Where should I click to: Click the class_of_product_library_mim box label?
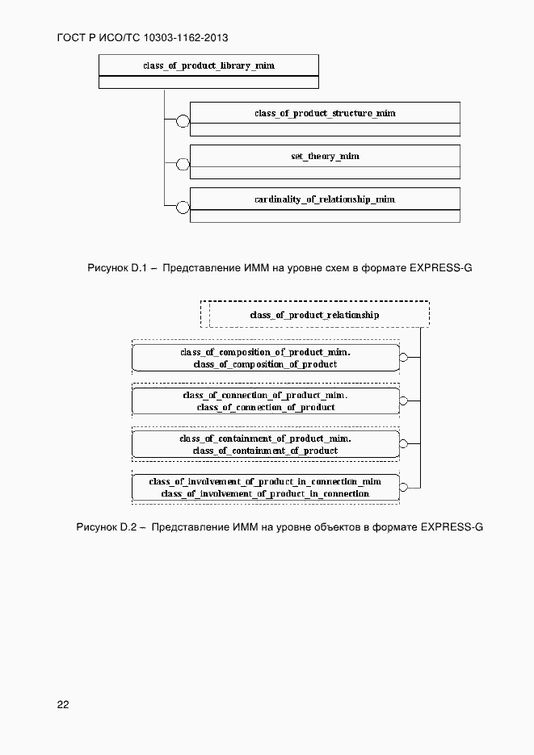tap(208, 65)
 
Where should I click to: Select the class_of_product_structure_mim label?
tap(325, 113)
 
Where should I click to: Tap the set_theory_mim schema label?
tap(325, 156)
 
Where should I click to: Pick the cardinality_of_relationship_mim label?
tap(325, 199)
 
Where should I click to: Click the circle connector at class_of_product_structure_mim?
tap(183, 122)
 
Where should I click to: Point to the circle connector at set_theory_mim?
tap(183, 165)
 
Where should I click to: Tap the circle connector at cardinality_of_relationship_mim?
tap(183, 208)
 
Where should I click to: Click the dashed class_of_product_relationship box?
tap(314, 314)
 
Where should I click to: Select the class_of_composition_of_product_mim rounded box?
tap(265, 358)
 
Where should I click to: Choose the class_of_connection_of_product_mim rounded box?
tap(265, 401)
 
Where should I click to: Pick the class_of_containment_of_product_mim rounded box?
tap(265, 444)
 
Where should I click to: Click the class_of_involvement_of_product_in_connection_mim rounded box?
tap(265, 487)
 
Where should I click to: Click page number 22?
tap(63, 704)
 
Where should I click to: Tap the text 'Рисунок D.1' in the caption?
tap(115, 267)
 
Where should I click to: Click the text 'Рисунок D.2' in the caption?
tap(103, 527)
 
